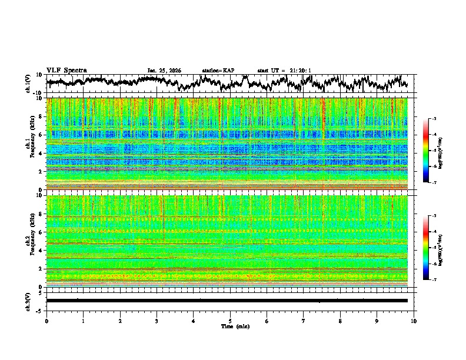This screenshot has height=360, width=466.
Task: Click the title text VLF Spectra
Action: (x=66, y=70)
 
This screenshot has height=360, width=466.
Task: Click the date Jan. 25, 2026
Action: (x=164, y=71)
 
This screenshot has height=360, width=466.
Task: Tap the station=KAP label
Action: (x=218, y=71)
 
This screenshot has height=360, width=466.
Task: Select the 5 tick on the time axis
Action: (x=230, y=321)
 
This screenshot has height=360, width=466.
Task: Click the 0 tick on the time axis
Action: (x=46, y=321)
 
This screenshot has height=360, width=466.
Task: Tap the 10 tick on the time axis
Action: (x=414, y=321)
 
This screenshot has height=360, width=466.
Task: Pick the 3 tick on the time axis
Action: (x=157, y=321)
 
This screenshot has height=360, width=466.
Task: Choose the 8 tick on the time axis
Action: (x=340, y=321)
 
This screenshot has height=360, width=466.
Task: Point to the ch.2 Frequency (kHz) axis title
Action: (x=32, y=241)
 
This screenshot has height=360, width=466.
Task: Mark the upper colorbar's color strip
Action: (x=426, y=151)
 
